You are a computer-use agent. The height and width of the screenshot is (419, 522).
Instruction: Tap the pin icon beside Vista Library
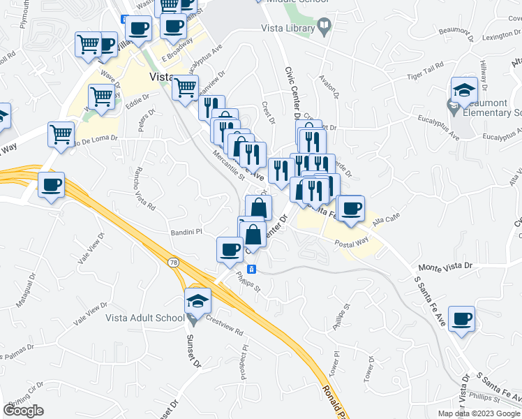(324, 28)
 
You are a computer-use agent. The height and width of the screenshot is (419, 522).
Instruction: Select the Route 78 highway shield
(173, 262)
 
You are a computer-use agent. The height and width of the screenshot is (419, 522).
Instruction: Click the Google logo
(23, 411)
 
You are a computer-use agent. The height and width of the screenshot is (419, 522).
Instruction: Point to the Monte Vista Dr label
(445, 267)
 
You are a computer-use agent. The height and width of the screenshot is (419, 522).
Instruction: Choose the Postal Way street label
(351, 244)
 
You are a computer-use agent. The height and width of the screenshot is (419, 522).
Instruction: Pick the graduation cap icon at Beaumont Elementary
(464, 90)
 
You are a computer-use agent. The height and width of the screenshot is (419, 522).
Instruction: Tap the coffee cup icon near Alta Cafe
(351, 208)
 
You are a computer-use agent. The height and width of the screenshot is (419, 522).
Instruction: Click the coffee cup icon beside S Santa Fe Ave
(461, 319)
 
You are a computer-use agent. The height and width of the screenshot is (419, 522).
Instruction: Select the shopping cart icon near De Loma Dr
(61, 134)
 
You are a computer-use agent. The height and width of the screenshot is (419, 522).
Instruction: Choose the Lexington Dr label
(495, 33)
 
